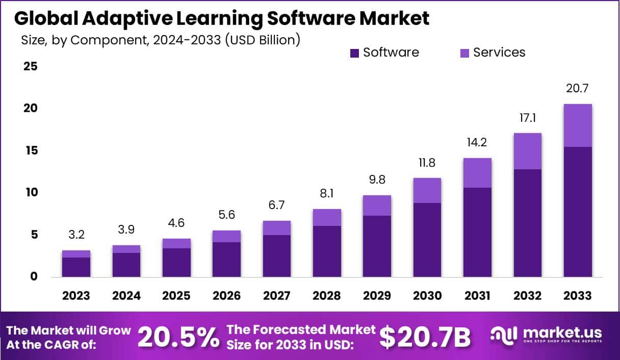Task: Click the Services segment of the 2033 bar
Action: click(x=578, y=125)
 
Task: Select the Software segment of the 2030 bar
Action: click(x=427, y=240)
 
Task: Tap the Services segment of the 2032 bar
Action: click(x=528, y=151)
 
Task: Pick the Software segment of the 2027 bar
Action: click(x=276, y=255)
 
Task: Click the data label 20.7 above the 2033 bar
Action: click(x=578, y=88)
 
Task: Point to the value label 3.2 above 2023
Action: click(x=76, y=235)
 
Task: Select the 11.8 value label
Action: click(x=427, y=163)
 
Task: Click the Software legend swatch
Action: click(x=355, y=53)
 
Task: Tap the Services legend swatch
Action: click(x=464, y=53)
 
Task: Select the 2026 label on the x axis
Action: click(x=227, y=296)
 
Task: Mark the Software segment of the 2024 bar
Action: click(x=126, y=265)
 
